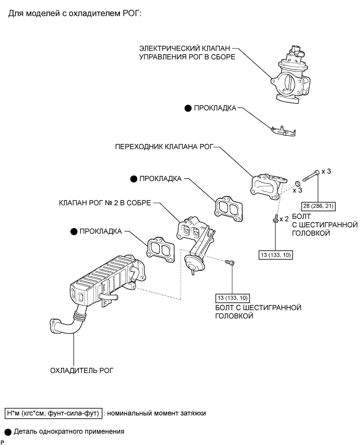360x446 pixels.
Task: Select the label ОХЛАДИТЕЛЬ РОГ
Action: (82, 371)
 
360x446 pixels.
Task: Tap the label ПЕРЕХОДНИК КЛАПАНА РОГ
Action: (164, 147)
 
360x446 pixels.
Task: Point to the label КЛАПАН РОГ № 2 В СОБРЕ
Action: (105, 203)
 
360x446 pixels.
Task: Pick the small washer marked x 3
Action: (297, 183)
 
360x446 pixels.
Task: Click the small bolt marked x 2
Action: (275, 219)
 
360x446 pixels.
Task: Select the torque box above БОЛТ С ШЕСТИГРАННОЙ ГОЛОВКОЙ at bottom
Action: (233, 298)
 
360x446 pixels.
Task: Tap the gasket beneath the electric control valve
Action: (283, 131)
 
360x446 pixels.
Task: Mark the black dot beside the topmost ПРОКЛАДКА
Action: (188, 109)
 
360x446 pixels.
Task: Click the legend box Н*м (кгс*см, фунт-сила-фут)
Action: (53, 413)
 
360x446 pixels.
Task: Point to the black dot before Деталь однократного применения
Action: (8, 432)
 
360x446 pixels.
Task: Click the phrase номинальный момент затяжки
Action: (156, 413)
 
